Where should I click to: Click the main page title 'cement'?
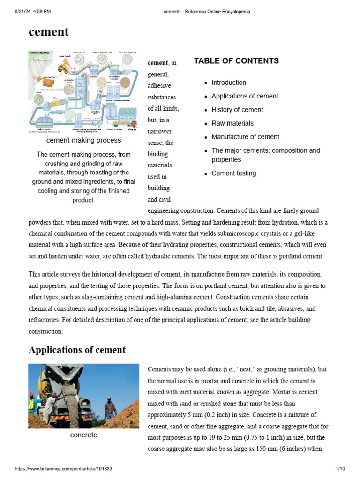point(49,32)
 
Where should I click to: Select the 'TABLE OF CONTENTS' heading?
point(236,61)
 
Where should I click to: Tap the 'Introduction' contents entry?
point(229,82)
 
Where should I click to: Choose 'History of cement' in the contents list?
point(237,110)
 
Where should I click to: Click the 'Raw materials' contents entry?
point(232,123)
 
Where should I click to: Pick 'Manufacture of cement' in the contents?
point(245,137)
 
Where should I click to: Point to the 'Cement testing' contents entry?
point(234,173)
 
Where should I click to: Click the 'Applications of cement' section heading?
point(77,350)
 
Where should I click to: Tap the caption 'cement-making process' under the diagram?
point(83,140)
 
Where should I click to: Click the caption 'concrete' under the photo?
point(83,435)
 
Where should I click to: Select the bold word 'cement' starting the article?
point(157,63)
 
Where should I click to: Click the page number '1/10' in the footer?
point(340,469)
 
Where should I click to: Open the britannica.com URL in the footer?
point(64,469)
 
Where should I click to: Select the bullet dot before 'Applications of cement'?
point(206,97)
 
